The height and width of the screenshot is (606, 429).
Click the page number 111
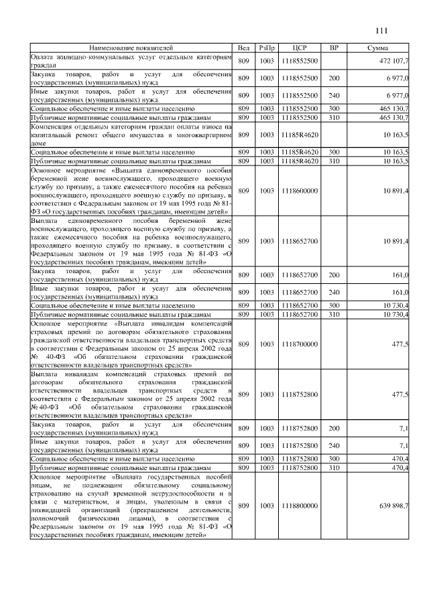(x=382, y=29)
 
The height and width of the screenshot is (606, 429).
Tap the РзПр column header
(x=267, y=48)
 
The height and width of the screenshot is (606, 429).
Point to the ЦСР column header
(x=299, y=48)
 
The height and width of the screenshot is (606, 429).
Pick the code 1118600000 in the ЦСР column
(x=299, y=191)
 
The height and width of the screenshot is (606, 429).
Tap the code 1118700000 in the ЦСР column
(x=299, y=344)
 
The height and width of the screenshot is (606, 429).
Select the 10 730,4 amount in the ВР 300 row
(x=396, y=305)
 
